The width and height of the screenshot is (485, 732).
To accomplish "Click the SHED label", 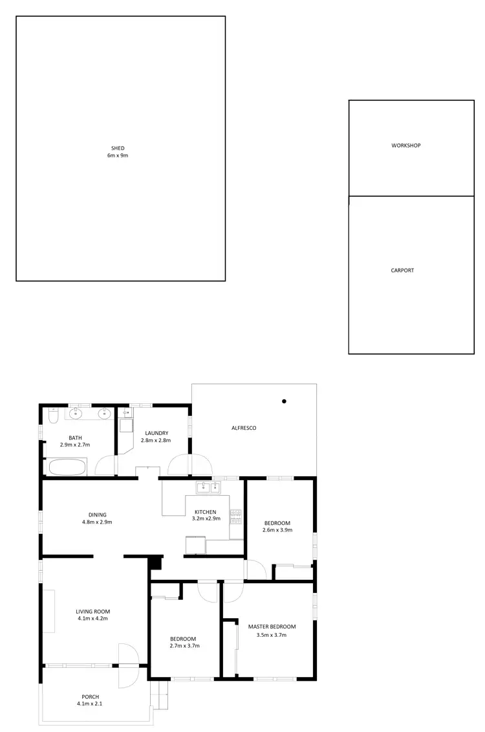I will (x=118, y=148).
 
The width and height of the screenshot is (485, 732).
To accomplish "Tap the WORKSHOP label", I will (x=405, y=146).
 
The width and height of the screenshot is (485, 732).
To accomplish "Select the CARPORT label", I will (x=402, y=271).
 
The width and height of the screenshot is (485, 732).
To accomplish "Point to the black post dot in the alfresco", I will (x=284, y=401).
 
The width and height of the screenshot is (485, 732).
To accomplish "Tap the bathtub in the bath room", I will (x=67, y=467).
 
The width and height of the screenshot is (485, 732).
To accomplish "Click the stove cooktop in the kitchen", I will (x=237, y=516).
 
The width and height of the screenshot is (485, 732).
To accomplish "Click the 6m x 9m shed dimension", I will (x=118, y=156).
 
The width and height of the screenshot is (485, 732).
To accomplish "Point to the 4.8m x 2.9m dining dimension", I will (x=98, y=522).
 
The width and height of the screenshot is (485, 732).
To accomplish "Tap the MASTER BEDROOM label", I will (x=272, y=627).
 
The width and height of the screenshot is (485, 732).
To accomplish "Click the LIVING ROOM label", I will (x=93, y=611).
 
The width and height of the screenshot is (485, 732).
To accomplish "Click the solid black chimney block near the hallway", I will (x=155, y=564).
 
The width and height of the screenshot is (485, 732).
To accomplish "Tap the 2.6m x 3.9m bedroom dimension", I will (x=277, y=530).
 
